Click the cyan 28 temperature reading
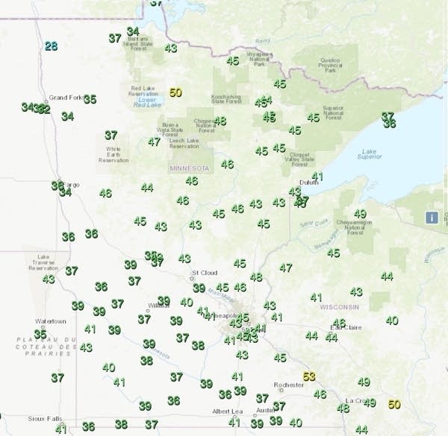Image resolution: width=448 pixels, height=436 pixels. click(x=51, y=46)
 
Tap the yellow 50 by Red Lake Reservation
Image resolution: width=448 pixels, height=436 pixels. click(x=176, y=92)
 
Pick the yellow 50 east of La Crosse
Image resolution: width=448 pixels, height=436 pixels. click(x=394, y=405)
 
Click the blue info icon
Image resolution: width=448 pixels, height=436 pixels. click(x=432, y=218)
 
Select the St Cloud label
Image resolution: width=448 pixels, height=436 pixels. click(x=204, y=273)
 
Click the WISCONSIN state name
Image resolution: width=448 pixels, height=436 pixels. click(x=340, y=307)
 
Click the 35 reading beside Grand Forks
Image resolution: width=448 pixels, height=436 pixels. click(x=90, y=99)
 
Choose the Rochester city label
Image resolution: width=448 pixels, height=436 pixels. click(x=288, y=385)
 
